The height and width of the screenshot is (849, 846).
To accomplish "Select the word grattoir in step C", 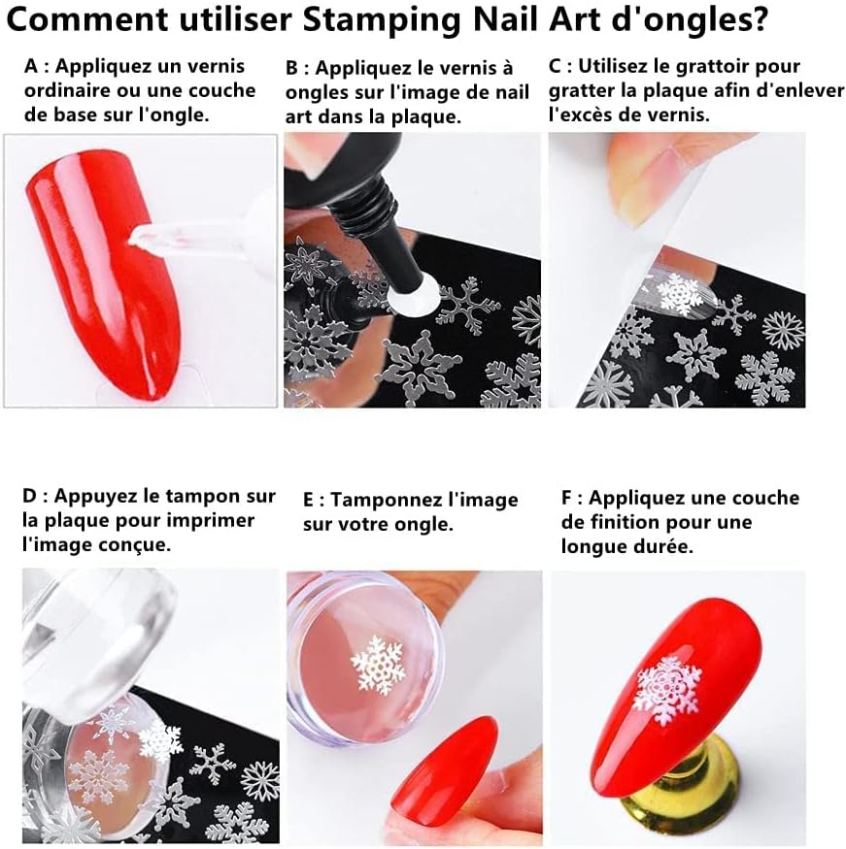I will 708,67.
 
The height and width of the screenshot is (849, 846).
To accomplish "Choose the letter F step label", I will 567,499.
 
